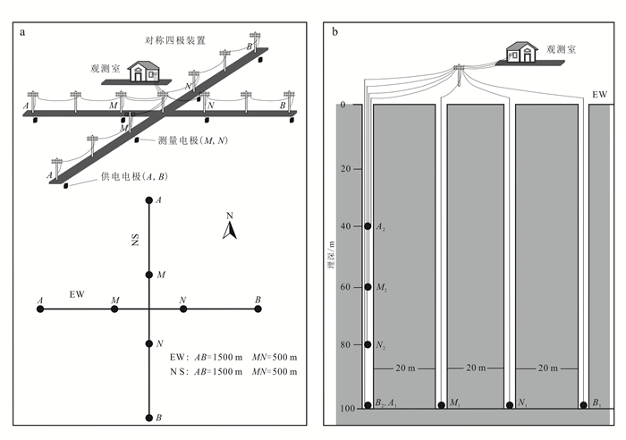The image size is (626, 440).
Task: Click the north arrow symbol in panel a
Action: (230, 232)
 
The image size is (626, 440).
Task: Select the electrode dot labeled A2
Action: (368, 226)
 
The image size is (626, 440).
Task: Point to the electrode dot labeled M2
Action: (368, 287)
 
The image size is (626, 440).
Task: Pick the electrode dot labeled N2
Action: (368, 344)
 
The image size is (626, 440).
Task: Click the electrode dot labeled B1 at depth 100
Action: (583, 405)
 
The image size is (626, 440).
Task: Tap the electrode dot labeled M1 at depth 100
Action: (442, 405)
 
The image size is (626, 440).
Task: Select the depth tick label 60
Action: (347, 287)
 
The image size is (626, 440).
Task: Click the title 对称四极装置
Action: (175, 40)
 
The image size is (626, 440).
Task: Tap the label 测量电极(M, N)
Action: (190, 140)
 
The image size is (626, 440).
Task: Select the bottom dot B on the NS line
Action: (149, 417)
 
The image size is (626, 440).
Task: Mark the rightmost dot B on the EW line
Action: (258, 309)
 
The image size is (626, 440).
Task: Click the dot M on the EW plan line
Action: (114, 309)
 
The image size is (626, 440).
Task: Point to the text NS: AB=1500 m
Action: (206, 371)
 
